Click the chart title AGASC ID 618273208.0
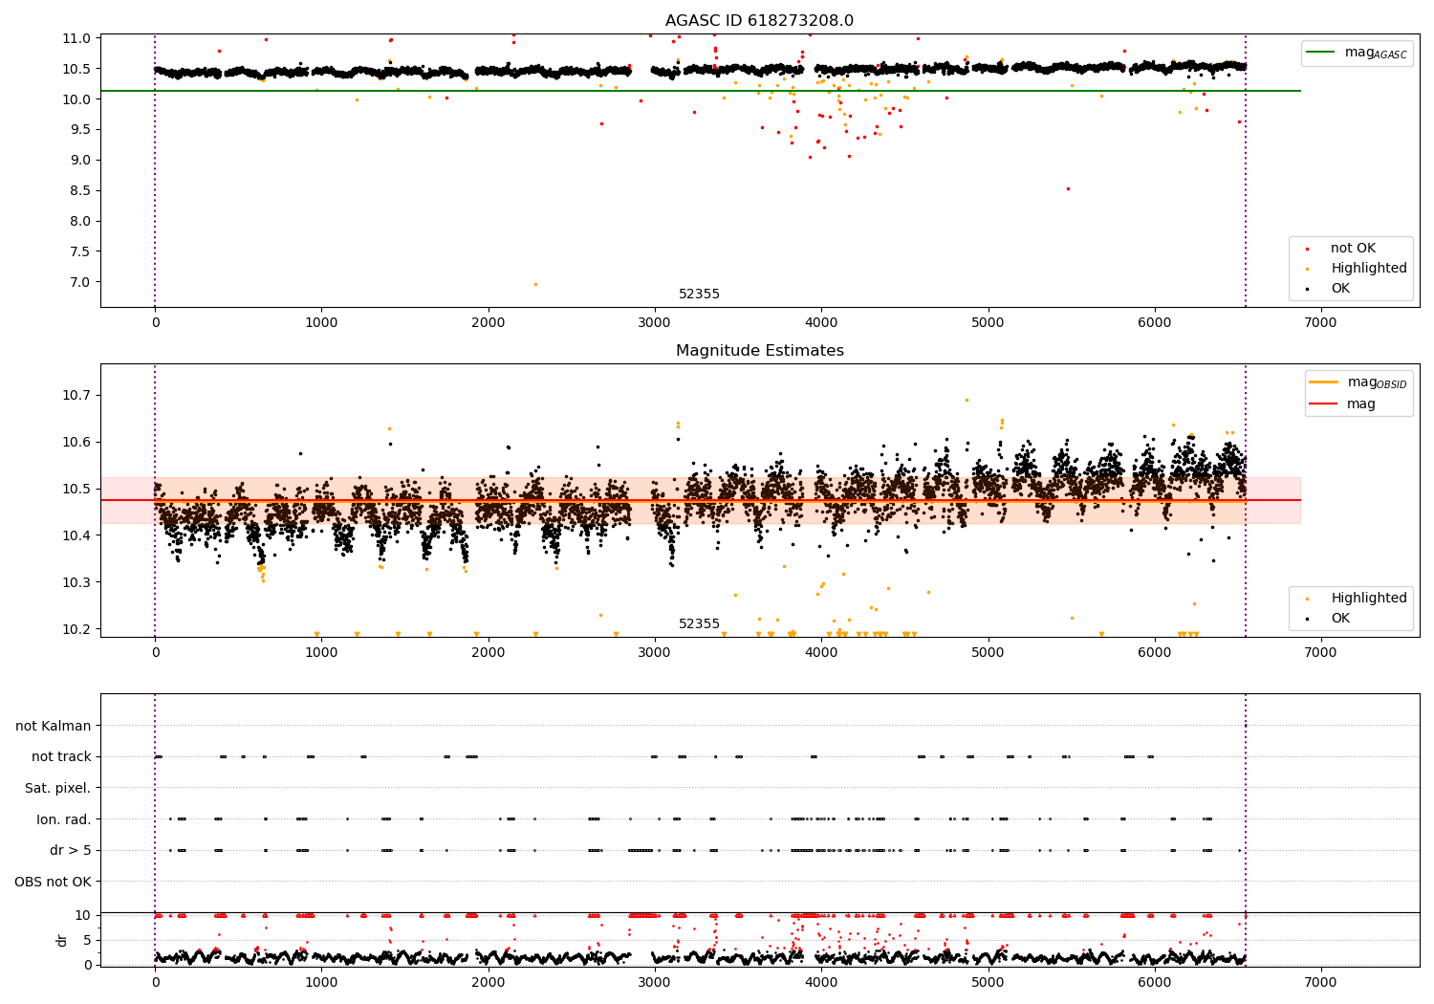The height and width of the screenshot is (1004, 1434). click(x=759, y=21)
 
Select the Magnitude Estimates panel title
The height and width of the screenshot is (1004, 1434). click(x=759, y=351)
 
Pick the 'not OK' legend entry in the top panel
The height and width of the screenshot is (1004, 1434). click(x=1352, y=249)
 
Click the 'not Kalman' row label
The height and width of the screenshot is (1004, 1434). click(x=54, y=726)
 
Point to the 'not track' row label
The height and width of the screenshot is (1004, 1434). click(x=61, y=757)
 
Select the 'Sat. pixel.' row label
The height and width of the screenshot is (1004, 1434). click(x=57, y=788)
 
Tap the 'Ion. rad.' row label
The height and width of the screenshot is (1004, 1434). click(x=64, y=819)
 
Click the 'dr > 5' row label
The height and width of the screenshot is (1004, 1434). click(x=71, y=850)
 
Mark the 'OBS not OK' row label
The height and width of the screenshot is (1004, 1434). click(x=53, y=882)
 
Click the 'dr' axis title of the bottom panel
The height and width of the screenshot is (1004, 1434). click(x=62, y=940)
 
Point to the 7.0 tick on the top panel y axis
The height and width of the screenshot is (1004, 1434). click(x=78, y=282)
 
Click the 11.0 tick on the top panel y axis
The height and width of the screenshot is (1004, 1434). click(x=76, y=38)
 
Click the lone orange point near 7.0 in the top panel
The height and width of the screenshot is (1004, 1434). click(x=535, y=284)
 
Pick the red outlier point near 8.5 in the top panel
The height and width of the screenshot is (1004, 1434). click(x=1068, y=188)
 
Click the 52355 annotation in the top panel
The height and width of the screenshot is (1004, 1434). click(x=699, y=295)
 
